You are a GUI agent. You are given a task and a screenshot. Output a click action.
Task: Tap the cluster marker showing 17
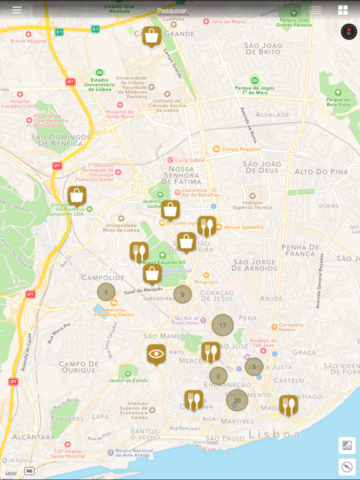222,325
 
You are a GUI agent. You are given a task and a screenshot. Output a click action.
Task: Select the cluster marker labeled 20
237,400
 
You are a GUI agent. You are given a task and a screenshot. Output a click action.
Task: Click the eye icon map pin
156,354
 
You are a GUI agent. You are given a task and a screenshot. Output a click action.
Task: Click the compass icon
349,31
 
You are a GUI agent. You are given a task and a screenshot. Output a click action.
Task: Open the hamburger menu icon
17,10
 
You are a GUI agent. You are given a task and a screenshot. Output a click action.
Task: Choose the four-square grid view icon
342,10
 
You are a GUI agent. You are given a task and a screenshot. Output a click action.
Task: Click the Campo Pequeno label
240,149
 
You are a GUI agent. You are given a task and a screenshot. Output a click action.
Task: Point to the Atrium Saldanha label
243,227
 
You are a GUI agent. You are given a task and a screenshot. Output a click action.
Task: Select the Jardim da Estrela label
128,380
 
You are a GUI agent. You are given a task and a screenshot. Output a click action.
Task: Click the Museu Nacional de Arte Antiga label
134,453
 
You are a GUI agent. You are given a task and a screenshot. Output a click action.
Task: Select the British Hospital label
28,41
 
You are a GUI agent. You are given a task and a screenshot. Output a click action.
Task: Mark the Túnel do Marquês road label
142,290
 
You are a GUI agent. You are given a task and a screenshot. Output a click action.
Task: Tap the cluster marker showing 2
218,376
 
